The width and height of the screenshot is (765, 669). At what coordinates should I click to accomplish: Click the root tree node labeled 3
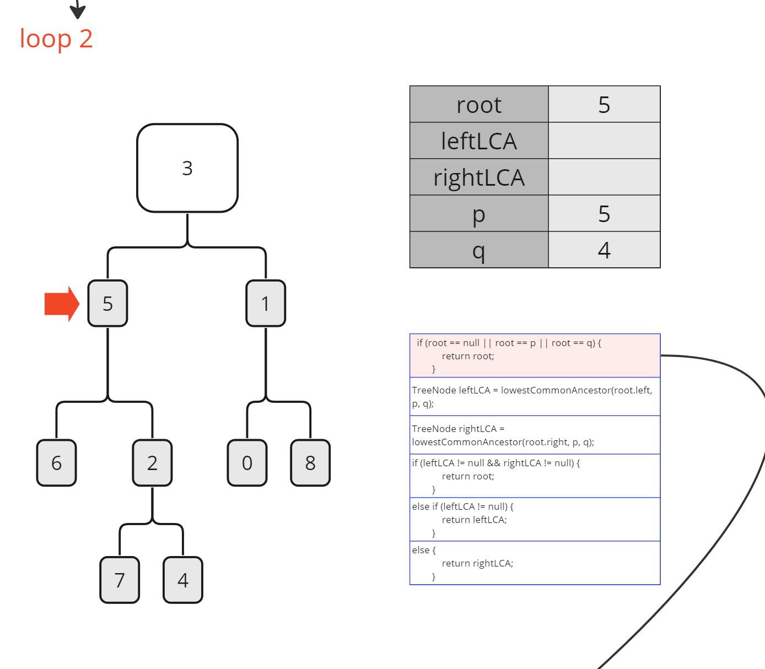(187, 168)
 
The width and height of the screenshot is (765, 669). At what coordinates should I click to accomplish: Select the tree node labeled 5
(107, 303)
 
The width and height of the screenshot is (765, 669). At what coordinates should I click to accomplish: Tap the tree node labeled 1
(266, 303)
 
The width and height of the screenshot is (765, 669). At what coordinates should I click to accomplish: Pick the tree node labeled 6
(56, 463)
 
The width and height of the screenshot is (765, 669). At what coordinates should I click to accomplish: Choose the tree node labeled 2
(152, 463)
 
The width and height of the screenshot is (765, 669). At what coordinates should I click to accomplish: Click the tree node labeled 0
(247, 463)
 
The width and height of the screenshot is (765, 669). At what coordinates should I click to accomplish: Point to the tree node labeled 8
(310, 463)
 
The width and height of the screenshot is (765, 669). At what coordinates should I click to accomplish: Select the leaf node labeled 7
(120, 580)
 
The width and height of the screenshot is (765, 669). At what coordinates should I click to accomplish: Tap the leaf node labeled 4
(183, 580)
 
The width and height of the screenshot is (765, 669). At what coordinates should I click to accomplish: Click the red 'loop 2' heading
(56, 39)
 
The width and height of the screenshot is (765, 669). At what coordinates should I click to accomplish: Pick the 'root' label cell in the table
(479, 104)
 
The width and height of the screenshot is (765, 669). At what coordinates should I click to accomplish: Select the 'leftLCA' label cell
(479, 141)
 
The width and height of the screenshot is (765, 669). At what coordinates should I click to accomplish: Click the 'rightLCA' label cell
(479, 177)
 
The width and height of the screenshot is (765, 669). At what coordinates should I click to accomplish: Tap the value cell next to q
(604, 250)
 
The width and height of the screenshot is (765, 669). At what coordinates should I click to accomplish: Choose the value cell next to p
(604, 213)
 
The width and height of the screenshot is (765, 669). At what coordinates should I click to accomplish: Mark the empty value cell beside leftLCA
(604, 141)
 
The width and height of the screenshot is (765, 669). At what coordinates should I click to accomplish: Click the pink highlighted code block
(535, 355)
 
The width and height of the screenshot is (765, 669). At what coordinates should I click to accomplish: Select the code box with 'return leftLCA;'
(535, 519)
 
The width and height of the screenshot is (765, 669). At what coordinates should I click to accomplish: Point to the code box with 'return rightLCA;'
(535, 563)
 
